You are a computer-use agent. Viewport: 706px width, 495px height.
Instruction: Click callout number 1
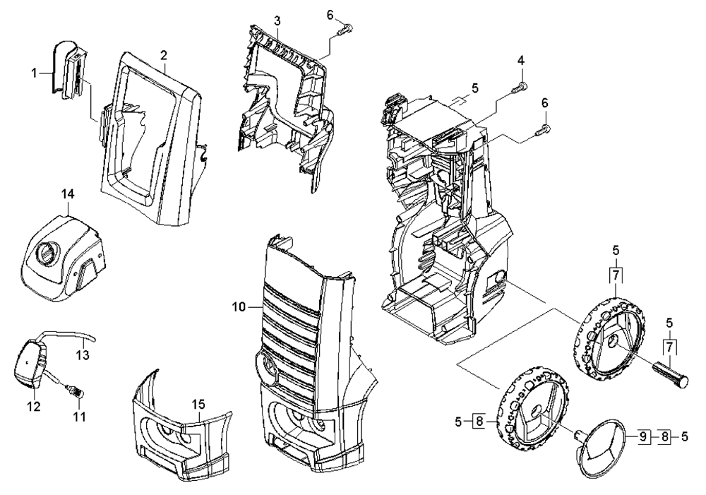click(34, 73)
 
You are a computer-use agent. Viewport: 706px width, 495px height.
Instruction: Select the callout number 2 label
click(164, 55)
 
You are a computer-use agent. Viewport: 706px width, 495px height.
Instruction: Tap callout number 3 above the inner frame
click(277, 20)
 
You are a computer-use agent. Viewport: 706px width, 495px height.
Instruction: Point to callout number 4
click(521, 60)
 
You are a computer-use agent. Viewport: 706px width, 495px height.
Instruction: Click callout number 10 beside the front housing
click(239, 307)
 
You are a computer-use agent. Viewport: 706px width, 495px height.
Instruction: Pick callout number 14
click(68, 194)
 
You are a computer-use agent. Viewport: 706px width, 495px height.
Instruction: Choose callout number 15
click(198, 405)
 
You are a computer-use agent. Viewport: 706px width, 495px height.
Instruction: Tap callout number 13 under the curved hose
click(83, 355)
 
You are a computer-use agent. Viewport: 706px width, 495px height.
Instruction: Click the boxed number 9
click(644, 436)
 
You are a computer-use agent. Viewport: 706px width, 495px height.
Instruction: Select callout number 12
click(34, 406)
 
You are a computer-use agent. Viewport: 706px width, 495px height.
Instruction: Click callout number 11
click(79, 417)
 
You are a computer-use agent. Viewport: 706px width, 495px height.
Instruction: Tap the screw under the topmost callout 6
click(345, 30)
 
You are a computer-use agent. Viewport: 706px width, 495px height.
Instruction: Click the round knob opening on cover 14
click(46, 253)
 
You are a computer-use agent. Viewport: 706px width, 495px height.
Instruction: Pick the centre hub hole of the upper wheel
click(611, 343)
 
